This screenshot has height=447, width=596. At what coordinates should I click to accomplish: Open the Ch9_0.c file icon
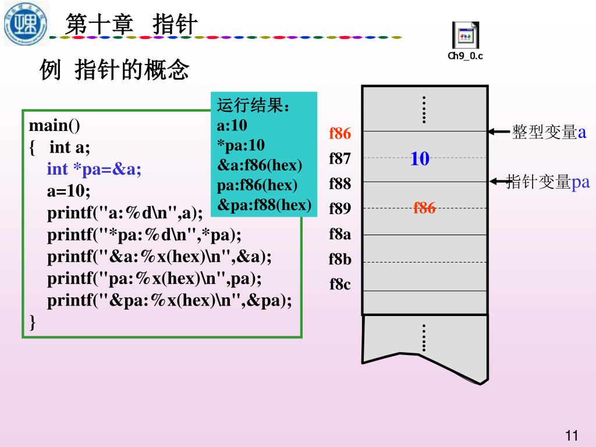click(465, 37)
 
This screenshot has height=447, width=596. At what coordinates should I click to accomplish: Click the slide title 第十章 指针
click(132, 25)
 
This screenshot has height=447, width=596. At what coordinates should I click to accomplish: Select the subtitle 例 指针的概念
click(115, 70)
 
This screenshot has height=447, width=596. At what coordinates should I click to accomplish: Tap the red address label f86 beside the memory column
click(340, 134)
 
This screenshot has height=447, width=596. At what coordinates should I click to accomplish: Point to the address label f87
click(340, 159)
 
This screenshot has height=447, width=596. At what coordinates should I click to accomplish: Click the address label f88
click(340, 184)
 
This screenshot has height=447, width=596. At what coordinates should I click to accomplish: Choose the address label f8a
click(340, 234)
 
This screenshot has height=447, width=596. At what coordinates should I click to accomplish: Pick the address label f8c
click(340, 284)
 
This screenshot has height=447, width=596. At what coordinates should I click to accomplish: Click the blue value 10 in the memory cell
click(420, 158)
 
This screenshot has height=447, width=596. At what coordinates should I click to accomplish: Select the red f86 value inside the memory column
click(424, 208)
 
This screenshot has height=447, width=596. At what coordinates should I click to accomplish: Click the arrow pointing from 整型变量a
click(499, 132)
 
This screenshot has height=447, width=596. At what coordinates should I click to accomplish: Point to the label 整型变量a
click(549, 132)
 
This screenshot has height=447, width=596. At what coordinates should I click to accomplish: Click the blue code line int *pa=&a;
click(94, 169)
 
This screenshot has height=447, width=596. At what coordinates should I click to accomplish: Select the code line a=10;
click(69, 191)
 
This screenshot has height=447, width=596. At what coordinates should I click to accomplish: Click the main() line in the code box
click(55, 126)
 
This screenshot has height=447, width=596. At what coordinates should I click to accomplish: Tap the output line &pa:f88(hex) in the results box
click(264, 205)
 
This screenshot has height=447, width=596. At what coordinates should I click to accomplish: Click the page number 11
click(572, 435)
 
